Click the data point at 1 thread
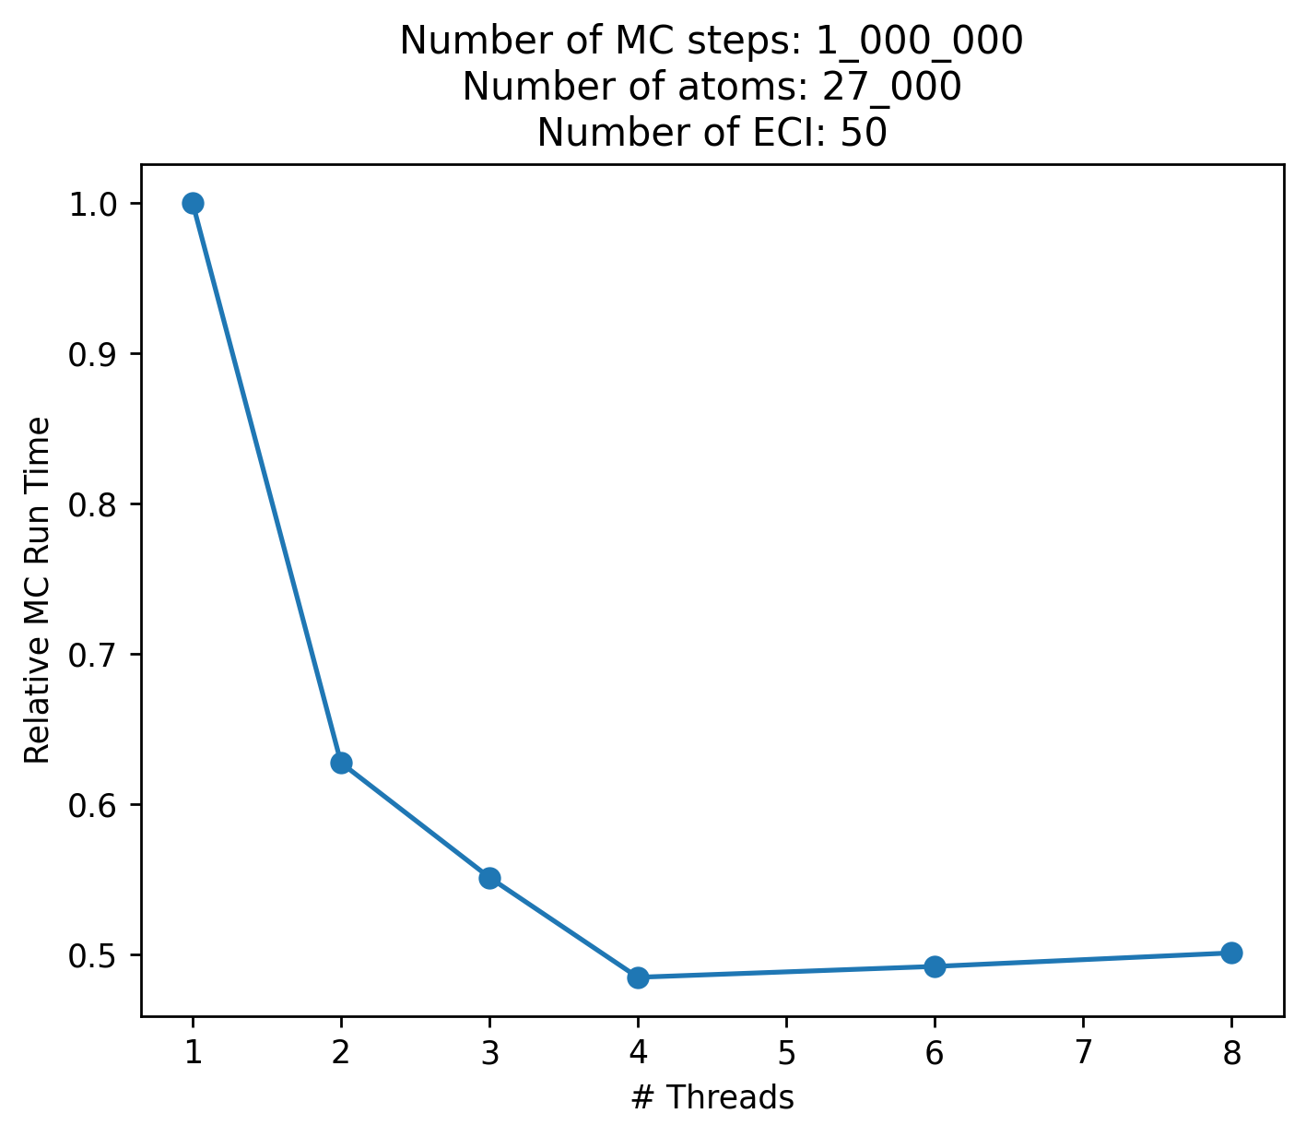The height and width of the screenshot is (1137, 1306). point(193,203)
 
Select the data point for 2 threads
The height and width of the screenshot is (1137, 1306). point(341,763)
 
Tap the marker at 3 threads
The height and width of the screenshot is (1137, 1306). point(489,878)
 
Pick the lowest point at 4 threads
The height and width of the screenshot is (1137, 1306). point(638,977)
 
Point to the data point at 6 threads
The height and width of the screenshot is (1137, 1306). point(935,966)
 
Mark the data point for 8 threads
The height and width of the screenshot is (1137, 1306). point(1231,953)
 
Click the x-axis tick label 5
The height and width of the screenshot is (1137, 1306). point(786,1053)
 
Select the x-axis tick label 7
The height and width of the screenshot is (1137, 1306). point(1083,1053)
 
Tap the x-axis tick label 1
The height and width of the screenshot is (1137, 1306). point(193,1053)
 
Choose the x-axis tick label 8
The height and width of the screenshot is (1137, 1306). point(1231,1053)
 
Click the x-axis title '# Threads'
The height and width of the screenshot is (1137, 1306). point(712,1097)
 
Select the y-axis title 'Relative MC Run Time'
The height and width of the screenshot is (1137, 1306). point(38,590)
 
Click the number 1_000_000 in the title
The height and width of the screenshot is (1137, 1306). point(919,41)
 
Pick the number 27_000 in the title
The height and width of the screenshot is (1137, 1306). point(891,88)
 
